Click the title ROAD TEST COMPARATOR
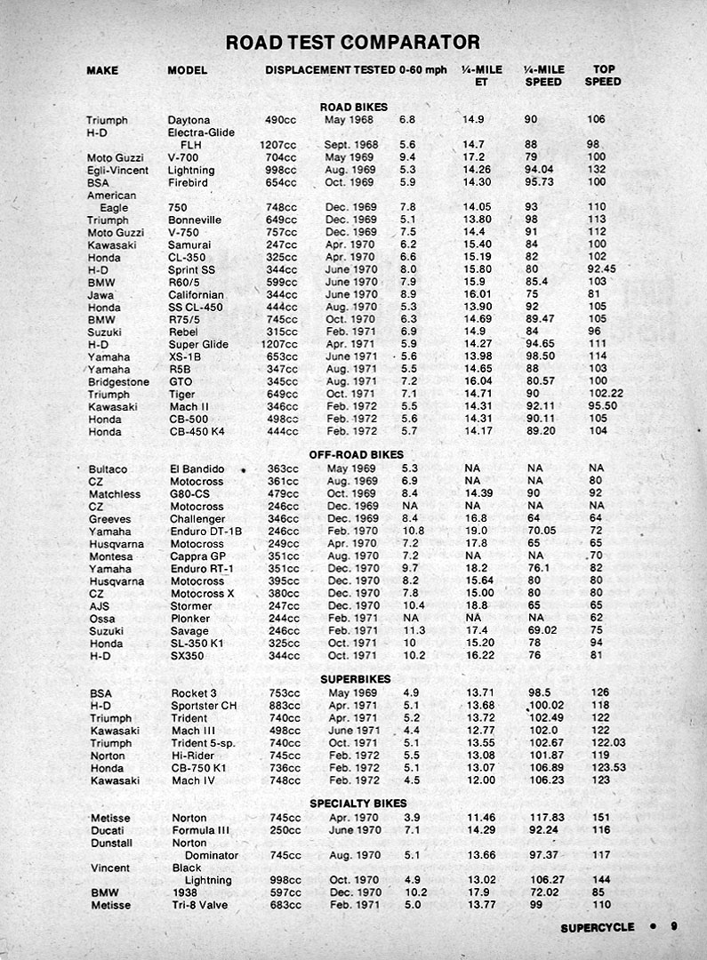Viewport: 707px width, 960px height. click(353, 43)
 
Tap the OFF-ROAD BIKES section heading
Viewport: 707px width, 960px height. click(353, 454)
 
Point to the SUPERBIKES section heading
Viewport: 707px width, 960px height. click(353, 678)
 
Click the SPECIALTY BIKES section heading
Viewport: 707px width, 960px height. click(353, 803)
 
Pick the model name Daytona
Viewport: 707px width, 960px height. click(189, 120)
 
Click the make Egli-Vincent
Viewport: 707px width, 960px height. click(113, 170)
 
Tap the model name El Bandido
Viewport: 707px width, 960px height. click(197, 468)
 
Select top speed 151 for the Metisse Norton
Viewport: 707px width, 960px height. click(600, 818)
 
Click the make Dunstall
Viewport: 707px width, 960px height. click(111, 843)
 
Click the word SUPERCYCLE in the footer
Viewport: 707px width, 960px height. click(598, 927)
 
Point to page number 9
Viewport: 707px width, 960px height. click(674, 926)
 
